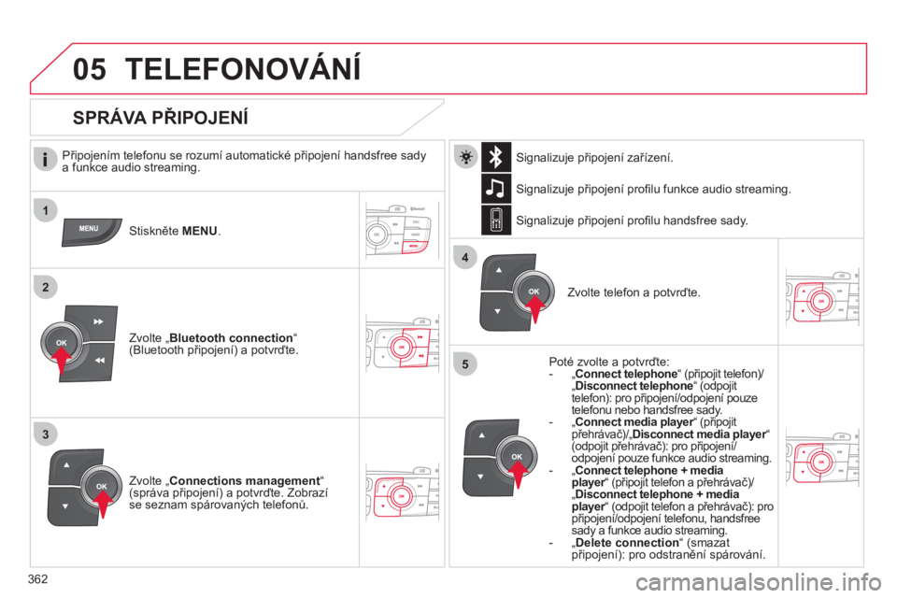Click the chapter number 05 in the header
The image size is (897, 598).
tap(90, 69)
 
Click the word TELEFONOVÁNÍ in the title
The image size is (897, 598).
tap(243, 67)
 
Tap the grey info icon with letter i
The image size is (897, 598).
tap(45, 159)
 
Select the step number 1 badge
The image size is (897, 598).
tap(46, 210)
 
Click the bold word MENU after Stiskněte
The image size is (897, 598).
tap(200, 231)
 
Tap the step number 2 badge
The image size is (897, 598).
tap(46, 287)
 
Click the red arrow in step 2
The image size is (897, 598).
tap(61, 360)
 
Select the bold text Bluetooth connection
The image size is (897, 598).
tap(231, 338)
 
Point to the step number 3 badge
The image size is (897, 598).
tap(46, 434)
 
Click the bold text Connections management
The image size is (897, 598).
tap(245, 480)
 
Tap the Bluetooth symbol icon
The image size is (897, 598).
tap(496, 157)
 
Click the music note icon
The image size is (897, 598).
tap(496, 188)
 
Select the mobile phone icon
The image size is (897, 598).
tap(496, 220)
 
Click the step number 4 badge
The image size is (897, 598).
tap(465, 258)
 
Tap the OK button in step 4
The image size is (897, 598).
tap(534, 292)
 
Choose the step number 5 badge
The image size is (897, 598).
tap(465, 364)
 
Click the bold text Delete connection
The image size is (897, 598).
tap(627, 543)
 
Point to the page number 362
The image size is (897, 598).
tap(37, 579)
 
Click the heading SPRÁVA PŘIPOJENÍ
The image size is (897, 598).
tap(161, 118)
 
